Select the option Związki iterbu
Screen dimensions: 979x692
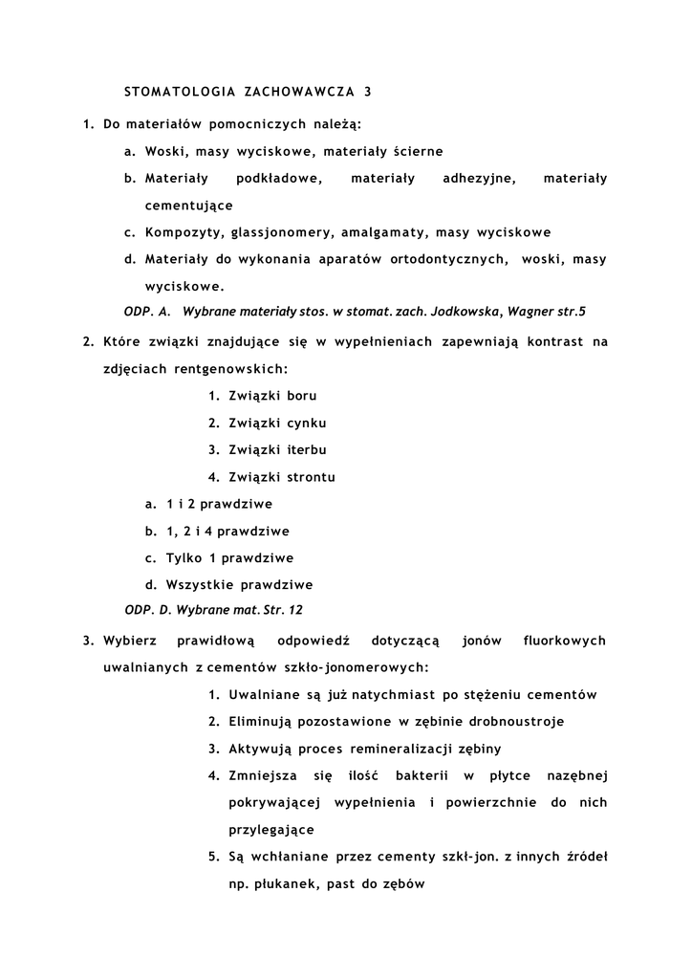[x=278, y=449]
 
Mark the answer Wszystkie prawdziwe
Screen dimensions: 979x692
[x=239, y=585]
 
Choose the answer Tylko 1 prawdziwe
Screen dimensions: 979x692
[x=229, y=558]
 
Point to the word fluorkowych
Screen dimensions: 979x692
[x=564, y=641]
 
